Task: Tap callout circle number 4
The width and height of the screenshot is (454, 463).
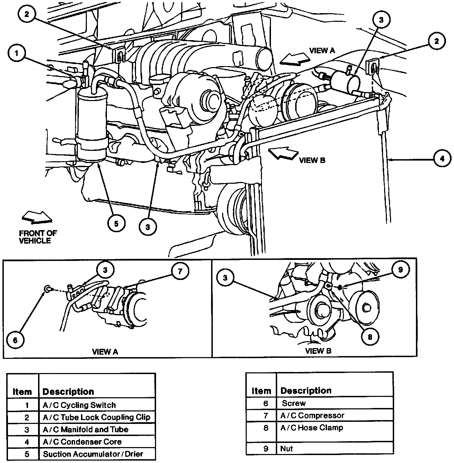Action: [x=441, y=159]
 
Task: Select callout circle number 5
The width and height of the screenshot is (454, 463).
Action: [x=116, y=224]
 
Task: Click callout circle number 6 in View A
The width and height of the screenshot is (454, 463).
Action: [x=15, y=340]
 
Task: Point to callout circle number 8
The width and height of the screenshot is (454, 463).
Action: [x=370, y=336]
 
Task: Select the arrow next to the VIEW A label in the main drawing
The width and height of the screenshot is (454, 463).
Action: [x=294, y=58]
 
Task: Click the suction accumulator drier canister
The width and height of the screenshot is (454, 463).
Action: [x=92, y=125]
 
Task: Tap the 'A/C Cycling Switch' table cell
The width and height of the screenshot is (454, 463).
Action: [x=79, y=405]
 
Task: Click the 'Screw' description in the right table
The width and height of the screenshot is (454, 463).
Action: [x=294, y=403]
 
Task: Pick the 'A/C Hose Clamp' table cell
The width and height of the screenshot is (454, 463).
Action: [x=311, y=428]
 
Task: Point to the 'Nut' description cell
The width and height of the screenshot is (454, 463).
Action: [x=287, y=449]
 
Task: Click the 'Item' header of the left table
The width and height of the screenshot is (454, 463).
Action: [x=22, y=392]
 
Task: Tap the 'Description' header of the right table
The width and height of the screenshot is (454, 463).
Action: [x=306, y=391]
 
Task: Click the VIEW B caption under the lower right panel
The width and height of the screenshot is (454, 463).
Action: [x=318, y=351]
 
